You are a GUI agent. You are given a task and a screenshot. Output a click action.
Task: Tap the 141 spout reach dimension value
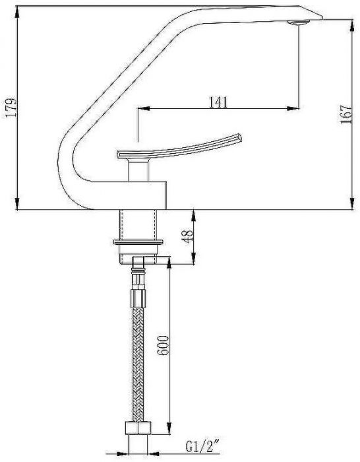point(218,102)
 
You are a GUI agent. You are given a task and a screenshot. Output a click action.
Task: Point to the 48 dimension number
point(188,236)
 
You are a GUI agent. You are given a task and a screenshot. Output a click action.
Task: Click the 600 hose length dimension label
point(165,345)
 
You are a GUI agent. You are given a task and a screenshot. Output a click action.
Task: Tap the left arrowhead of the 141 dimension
point(140,108)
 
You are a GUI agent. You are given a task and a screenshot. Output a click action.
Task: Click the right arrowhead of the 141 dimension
point(295,108)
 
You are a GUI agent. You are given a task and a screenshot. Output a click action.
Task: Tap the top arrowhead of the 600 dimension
point(171,265)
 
